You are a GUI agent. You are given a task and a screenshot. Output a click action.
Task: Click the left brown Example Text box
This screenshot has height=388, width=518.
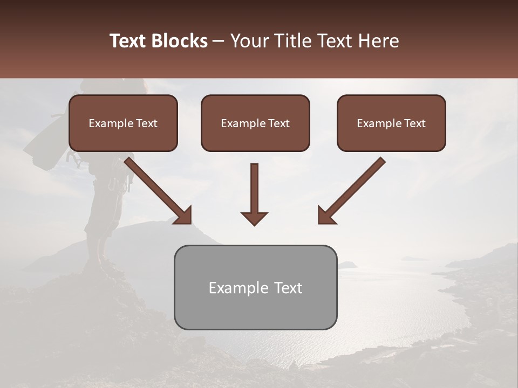tap(123, 123)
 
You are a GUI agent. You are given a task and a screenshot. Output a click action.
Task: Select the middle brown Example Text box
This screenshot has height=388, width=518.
tap(255, 123)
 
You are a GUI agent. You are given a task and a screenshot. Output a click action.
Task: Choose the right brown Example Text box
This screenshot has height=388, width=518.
tap(391, 123)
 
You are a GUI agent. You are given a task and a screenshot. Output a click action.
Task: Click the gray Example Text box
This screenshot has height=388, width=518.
tap(255, 287)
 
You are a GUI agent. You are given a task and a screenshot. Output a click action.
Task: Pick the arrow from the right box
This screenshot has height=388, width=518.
tap(353, 189)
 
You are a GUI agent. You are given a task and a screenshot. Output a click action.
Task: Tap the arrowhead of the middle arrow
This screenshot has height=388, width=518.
tap(254, 218)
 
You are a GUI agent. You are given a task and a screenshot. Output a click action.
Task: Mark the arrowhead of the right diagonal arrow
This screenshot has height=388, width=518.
tap(327, 215)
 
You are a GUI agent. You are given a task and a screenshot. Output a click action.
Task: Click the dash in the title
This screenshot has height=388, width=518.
tap(219, 41)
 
